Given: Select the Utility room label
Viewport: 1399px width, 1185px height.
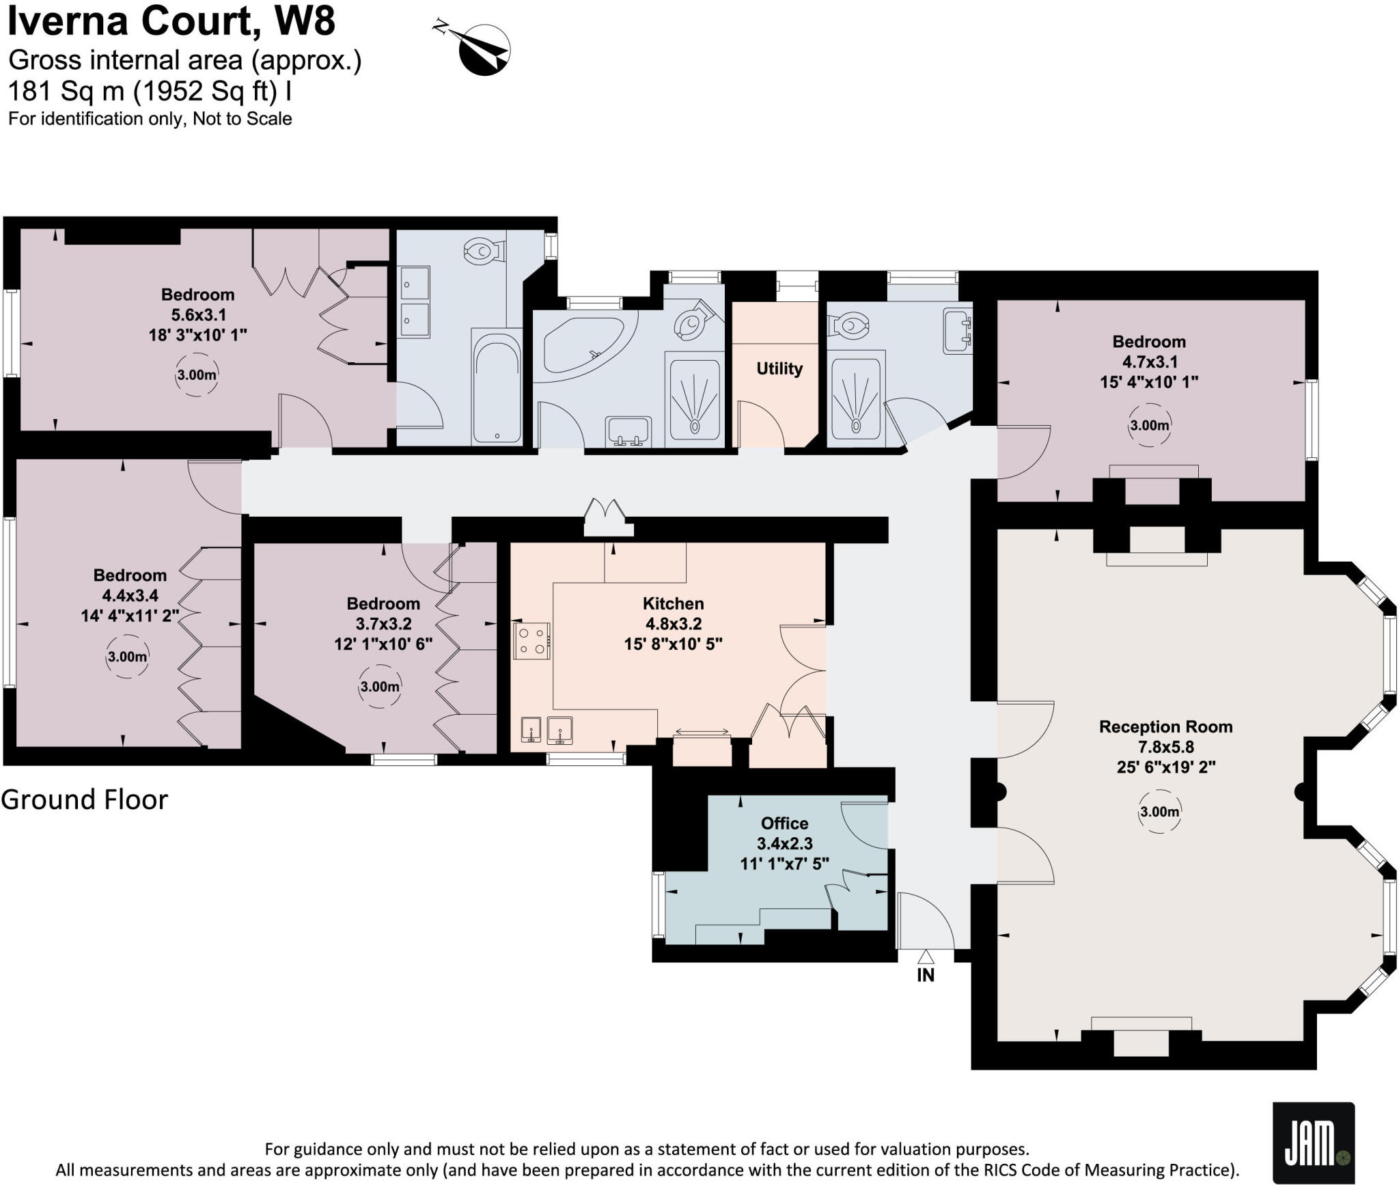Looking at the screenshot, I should (779, 368).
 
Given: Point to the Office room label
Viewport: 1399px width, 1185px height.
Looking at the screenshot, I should (784, 823).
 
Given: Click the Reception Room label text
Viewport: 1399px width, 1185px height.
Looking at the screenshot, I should (1165, 726).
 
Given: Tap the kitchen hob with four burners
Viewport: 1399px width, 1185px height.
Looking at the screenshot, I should (532, 640).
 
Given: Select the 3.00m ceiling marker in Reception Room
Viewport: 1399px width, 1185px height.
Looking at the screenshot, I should (1159, 812).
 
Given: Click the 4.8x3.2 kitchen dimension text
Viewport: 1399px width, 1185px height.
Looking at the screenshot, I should (673, 623).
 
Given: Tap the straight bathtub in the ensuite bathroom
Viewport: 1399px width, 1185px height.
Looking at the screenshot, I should (497, 386).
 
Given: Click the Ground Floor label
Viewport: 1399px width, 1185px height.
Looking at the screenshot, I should (84, 799).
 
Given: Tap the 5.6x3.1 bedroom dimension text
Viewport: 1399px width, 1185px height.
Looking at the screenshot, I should (198, 314).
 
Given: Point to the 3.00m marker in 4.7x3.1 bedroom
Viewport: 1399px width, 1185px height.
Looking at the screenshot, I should (1149, 425).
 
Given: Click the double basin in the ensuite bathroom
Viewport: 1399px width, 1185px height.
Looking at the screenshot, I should (415, 301).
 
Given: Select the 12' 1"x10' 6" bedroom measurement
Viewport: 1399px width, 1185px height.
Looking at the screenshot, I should (383, 644).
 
